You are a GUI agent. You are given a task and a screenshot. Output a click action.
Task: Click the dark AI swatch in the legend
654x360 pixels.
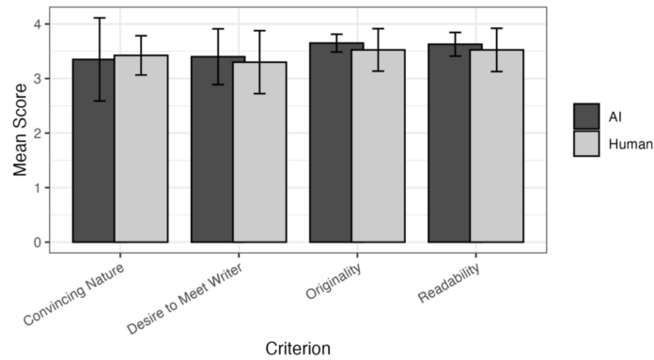(587, 115)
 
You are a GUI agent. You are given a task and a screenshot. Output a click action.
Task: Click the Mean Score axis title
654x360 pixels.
(16, 134)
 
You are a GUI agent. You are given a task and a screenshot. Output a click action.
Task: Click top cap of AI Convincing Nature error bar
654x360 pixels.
(94, 18)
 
